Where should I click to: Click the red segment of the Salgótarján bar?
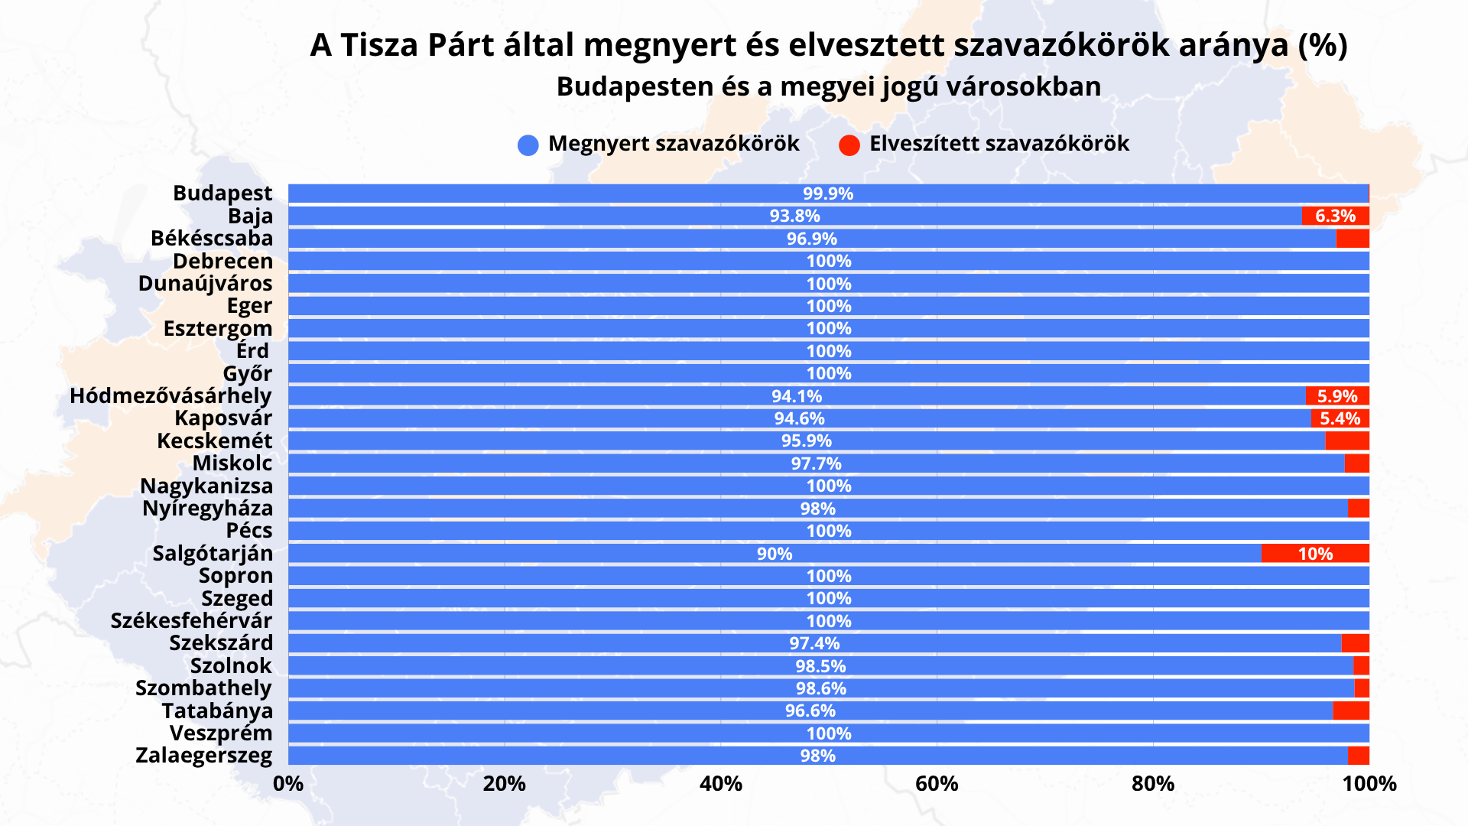(1315, 553)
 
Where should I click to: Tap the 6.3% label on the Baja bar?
(1335, 216)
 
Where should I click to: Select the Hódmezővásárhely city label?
(171, 396)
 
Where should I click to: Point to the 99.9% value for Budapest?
(828, 193)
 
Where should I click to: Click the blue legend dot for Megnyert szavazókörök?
(528, 145)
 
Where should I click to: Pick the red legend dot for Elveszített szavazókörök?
(849, 145)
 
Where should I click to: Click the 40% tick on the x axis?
(721, 784)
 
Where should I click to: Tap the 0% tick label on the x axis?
(288, 784)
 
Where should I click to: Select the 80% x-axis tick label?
(1153, 784)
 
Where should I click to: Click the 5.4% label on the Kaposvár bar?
(1340, 418)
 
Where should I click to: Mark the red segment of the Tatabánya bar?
(1351, 711)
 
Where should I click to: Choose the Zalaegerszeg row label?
(204, 756)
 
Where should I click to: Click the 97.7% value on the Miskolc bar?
(816, 463)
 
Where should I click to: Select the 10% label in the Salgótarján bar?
(1315, 554)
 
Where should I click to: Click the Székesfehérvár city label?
(191, 620)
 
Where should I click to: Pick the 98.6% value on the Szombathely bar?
(820, 688)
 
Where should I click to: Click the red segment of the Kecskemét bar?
(1347, 441)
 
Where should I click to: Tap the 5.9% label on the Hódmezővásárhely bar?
(1337, 396)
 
